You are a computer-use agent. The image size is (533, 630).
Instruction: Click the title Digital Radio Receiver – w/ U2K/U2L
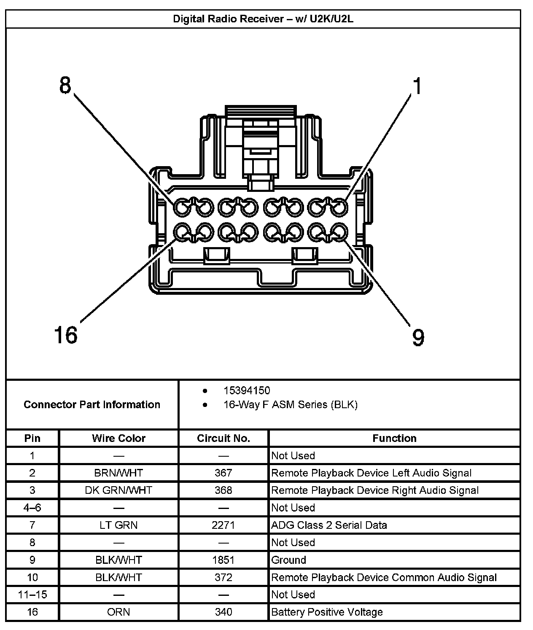(x=263, y=19)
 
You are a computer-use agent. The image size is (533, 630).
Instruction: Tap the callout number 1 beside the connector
(x=417, y=86)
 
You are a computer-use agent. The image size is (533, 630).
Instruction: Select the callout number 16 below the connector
(x=66, y=335)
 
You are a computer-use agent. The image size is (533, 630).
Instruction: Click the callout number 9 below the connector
(x=417, y=337)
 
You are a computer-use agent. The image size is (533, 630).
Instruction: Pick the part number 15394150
(x=247, y=390)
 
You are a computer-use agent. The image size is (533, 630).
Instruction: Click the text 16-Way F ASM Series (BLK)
(x=290, y=405)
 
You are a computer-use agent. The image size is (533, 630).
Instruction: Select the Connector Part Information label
(x=92, y=404)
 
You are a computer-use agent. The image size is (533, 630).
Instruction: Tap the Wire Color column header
(x=118, y=438)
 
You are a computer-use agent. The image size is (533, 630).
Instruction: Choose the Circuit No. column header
(x=223, y=438)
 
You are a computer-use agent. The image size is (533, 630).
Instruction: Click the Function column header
(x=394, y=438)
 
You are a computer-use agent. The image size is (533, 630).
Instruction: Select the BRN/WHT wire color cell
(x=118, y=473)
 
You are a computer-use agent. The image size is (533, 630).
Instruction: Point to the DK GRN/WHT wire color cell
(x=118, y=490)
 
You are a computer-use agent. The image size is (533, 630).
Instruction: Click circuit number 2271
(x=223, y=525)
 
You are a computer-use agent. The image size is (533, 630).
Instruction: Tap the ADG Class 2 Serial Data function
(x=329, y=525)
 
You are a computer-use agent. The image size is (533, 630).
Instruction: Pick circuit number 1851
(x=223, y=560)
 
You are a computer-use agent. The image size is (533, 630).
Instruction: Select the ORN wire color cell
(x=118, y=612)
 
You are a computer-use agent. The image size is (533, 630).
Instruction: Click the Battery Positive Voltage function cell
(x=327, y=612)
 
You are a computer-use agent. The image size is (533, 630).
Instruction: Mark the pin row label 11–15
(x=32, y=595)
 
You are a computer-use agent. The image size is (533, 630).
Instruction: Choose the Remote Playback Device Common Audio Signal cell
(x=384, y=577)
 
